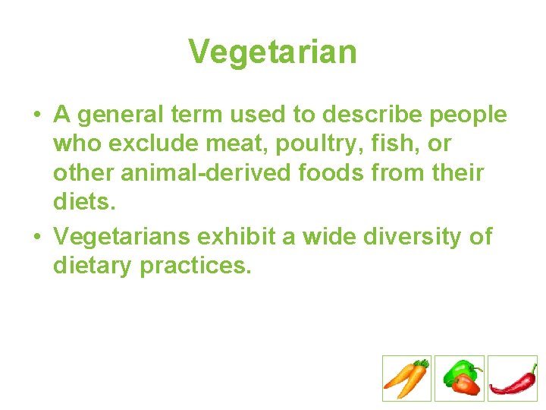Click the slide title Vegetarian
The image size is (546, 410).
pyautogui.click(x=272, y=52)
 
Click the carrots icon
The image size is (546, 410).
pyautogui.click(x=406, y=378)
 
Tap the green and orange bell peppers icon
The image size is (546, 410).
pyautogui.click(x=459, y=378)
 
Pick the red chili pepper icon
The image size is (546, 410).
pyautogui.click(x=512, y=378)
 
